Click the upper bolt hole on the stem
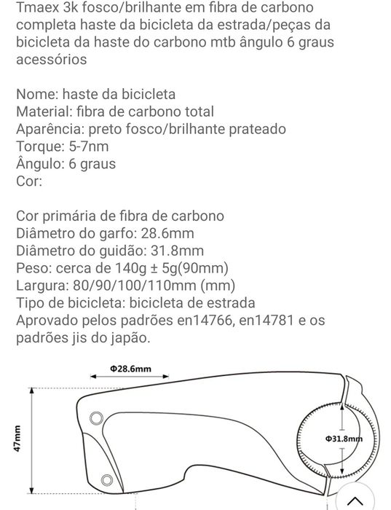(96, 417)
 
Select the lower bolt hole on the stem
(108, 479)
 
